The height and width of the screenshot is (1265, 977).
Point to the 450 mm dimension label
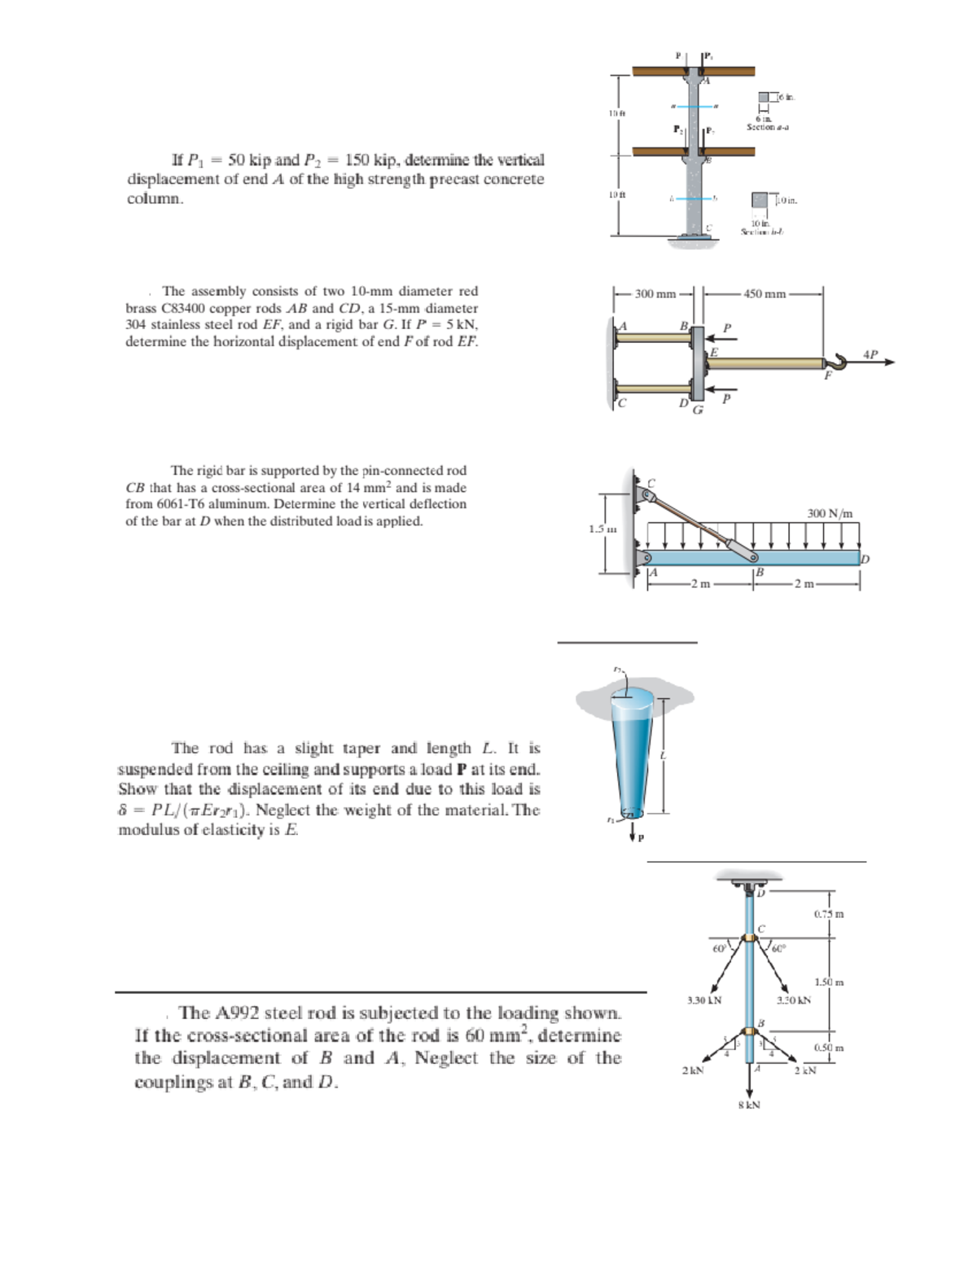click(x=764, y=294)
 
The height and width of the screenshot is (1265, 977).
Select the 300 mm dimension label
click(x=655, y=294)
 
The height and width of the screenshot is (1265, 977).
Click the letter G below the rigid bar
click(x=698, y=409)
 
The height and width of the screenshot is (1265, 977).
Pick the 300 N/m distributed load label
click(x=830, y=513)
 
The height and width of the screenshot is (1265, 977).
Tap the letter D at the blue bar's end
click(x=865, y=559)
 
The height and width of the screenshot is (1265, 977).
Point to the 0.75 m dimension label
click(x=829, y=914)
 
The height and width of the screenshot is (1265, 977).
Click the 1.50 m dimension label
click(x=829, y=982)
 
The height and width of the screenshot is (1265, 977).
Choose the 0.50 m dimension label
click(x=829, y=1048)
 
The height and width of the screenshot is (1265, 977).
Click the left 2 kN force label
click(x=691, y=1070)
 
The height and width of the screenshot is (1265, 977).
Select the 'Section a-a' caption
click(x=769, y=126)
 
